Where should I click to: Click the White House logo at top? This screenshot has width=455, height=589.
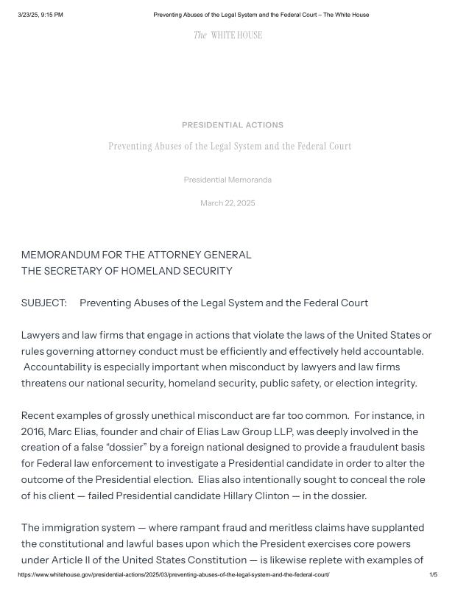pyautogui.click(x=227, y=35)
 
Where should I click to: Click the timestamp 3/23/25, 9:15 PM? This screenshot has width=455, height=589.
pyautogui.click(x=40, y=15)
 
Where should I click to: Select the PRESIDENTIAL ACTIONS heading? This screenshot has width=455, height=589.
pyautogui.click(x=232, y=125)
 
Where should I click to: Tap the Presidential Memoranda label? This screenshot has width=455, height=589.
pyautogui.click(x=227, y=180)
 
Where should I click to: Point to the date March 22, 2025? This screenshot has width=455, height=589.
pyautogui.click(x=227, y=203)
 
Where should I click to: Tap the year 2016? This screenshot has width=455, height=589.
pyautogui.click(x=33, y=431)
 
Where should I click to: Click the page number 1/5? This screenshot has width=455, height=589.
pyautogui.click(x=433, y=574)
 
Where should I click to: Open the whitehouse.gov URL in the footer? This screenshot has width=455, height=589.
pyautogui.click(x=173, y=574)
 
